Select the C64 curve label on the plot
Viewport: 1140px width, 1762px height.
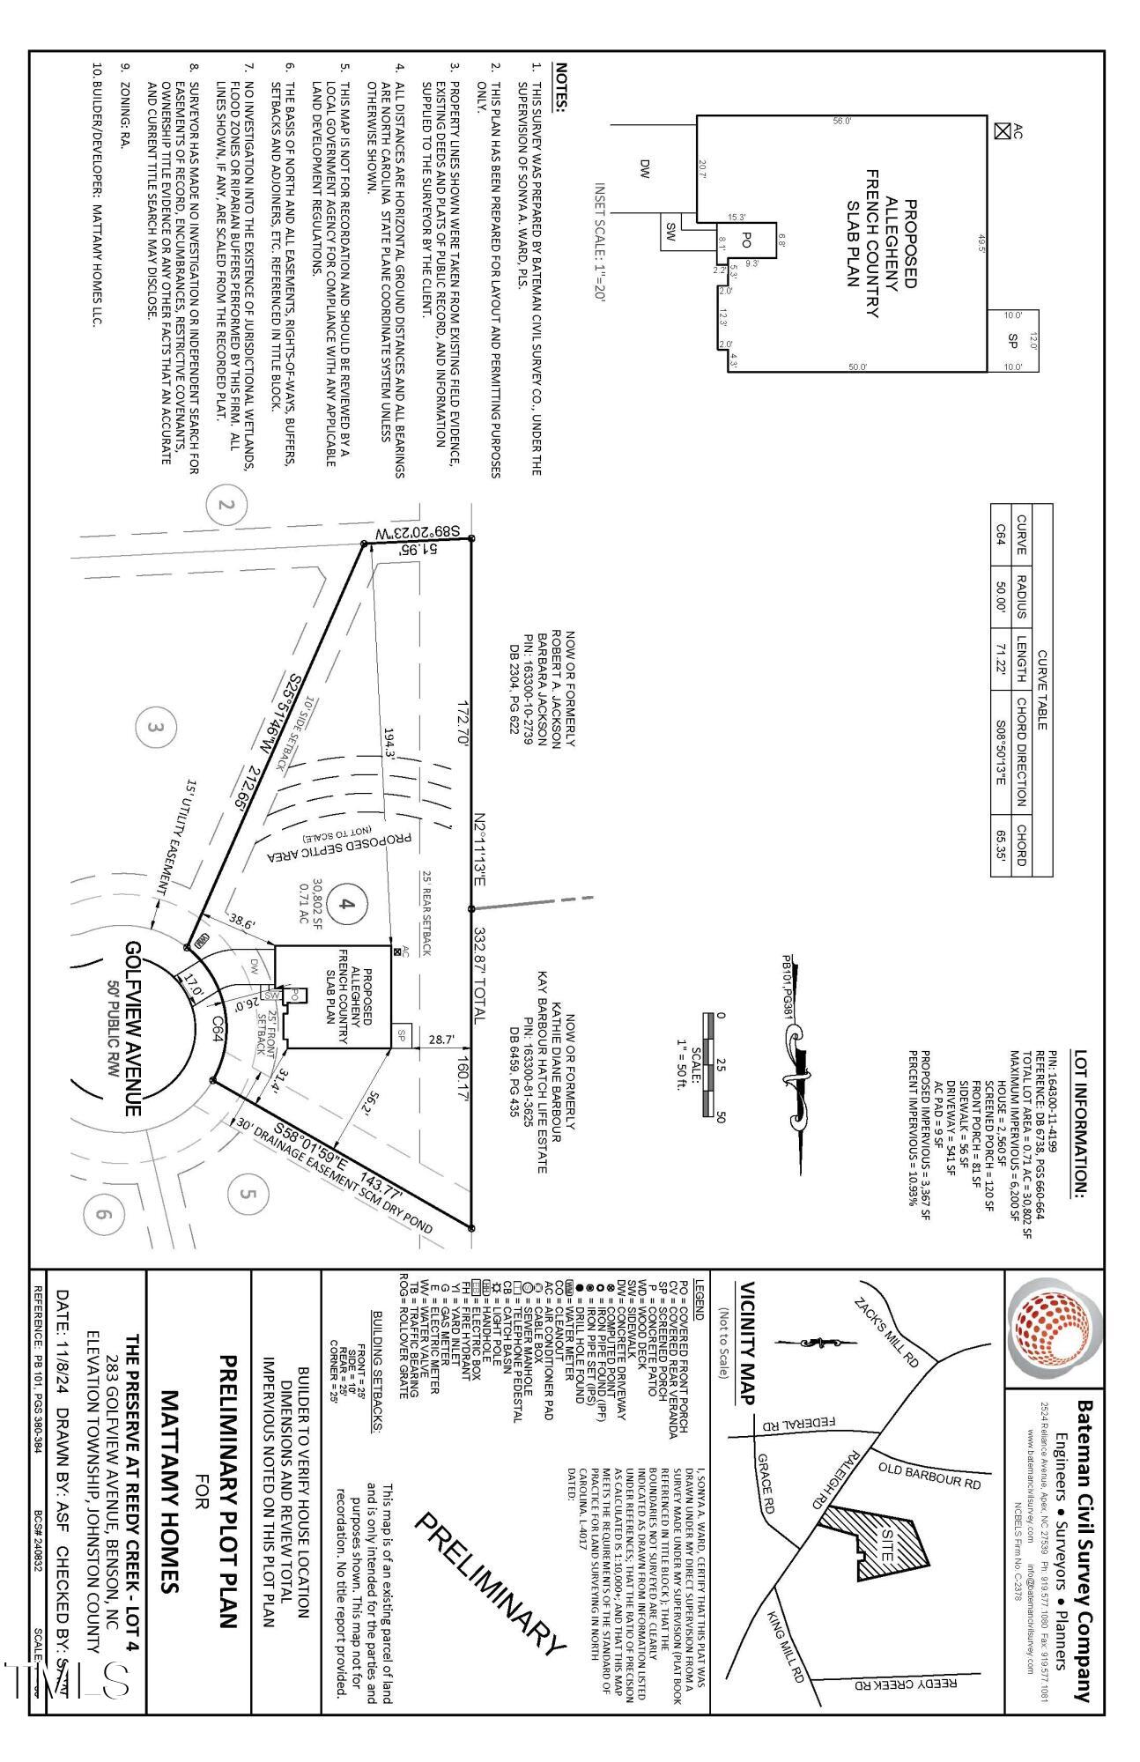[x=216, y=1027]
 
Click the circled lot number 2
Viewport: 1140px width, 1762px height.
[x=226, y=506]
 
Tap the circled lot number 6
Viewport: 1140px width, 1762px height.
[x=103, y=1216]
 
